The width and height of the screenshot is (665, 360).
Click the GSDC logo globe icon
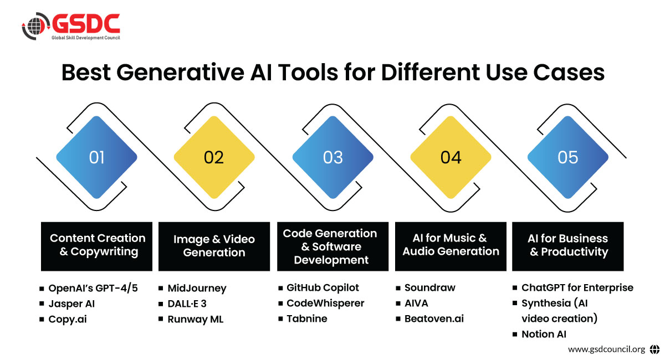(35, 26)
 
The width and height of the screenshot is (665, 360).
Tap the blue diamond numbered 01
(97, 157)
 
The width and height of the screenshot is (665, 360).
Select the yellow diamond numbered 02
(214, 157)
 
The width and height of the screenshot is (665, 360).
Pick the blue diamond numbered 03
(333, 157)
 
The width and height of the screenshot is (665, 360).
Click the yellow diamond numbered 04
(451, 157)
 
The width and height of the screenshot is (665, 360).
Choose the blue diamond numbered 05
(568, 157)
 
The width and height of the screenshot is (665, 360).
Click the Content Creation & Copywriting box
(97, 246)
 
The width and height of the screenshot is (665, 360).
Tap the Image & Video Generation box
(214, 246)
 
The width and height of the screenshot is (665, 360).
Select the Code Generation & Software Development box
(333, 246)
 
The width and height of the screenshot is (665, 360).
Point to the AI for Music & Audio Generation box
(451, 246)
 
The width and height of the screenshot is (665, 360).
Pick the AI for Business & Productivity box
(568, 246)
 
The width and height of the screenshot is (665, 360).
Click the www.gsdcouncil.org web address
(606, 349)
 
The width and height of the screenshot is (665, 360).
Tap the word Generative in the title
(180, 73)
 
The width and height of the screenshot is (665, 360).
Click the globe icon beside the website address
(654, 349)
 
